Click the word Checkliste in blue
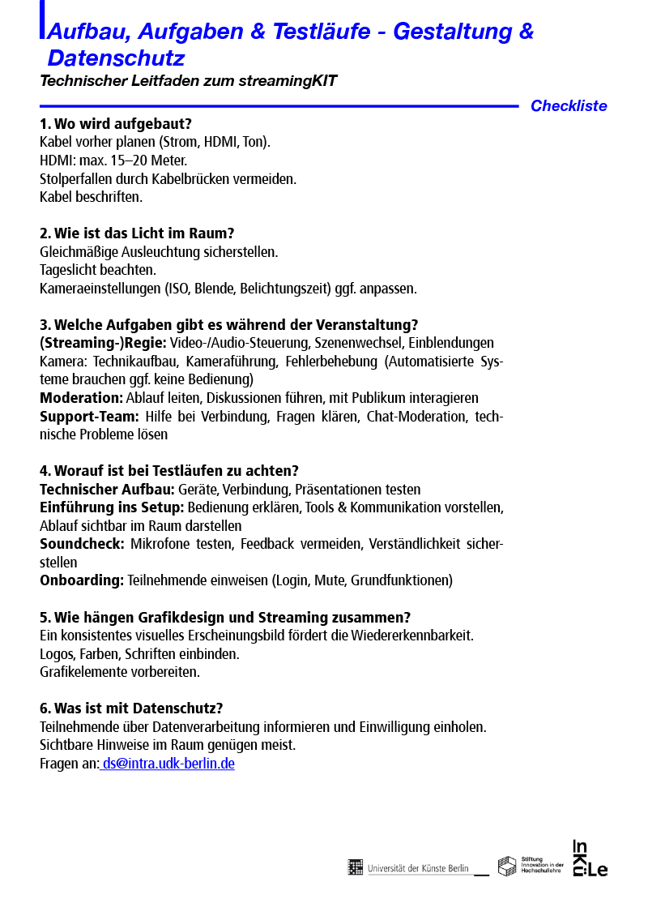coord(568,106)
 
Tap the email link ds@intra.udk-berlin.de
coord(168,764)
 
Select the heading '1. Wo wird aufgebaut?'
coord(116,124)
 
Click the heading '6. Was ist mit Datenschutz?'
coord(131,708)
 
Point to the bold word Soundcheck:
coord(82,544)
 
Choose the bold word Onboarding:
coord(82,580)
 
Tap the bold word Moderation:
coord(81,398)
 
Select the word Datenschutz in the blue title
coord(116,58)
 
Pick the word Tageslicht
coord(67,270)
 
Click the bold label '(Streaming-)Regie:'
coord(103,343)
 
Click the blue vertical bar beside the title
coord(42,19)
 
